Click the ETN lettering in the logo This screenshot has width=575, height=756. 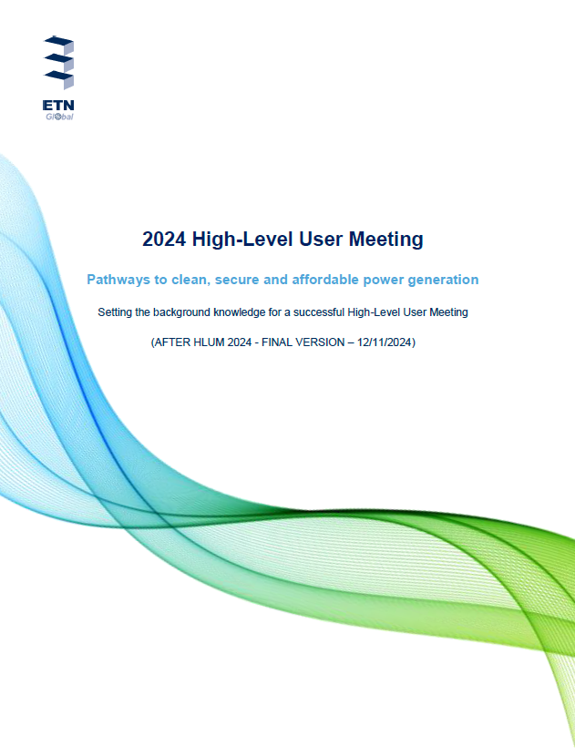(58, 105)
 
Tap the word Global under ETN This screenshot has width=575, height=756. (59, 117)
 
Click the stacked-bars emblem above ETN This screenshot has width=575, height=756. (59, 63)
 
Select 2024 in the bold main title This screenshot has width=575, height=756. (164, 240)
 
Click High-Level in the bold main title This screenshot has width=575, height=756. (242, 240)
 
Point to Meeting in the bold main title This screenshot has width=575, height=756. (385, 240)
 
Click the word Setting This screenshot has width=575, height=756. (115, 312)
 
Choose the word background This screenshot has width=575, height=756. (182, 312)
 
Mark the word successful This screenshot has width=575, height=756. (319, 312)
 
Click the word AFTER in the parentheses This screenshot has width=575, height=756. (172, 342)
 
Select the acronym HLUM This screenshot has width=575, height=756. (209, 342)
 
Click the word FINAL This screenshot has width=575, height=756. (276, 342)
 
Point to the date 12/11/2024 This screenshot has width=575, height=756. (385, 342)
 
